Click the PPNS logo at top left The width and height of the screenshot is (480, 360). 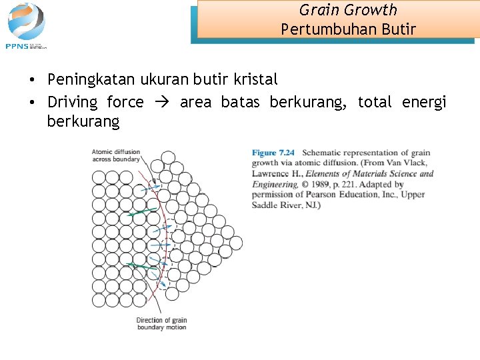[26, 25]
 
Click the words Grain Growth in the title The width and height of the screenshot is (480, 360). [348, 10]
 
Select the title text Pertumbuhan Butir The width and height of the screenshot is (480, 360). [348, 29]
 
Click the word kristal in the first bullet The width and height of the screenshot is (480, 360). [255, 79]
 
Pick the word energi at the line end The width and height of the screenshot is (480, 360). [424, 102]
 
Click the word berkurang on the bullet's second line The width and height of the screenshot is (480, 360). [83, 122]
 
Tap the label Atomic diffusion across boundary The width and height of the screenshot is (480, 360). [116, 155]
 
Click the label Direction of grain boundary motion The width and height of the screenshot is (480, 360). [161, 323]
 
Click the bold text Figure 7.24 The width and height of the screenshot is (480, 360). [273, 153]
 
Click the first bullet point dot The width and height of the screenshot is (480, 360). [31, 80]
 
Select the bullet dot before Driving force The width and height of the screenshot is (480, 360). [31, 103]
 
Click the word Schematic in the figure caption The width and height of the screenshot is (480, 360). [323, 153]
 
